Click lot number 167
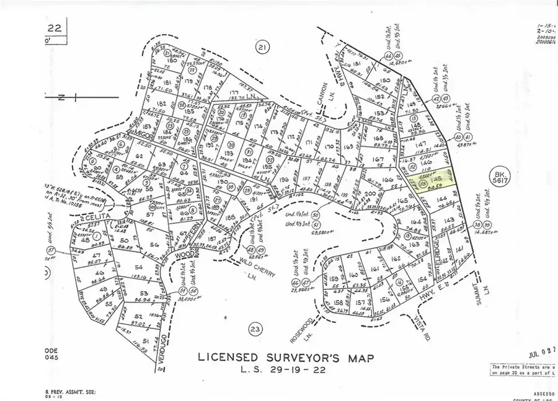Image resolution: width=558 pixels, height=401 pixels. pos(378,159)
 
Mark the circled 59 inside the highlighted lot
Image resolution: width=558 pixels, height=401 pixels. pos(423,184)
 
